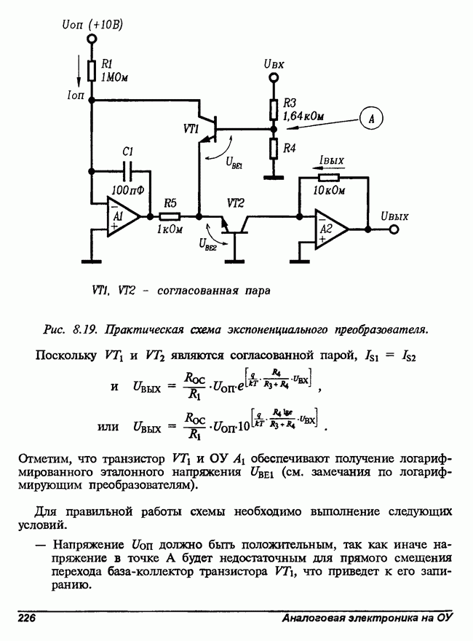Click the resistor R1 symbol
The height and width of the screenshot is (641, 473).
(92, 71)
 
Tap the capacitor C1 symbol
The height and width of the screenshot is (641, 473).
(130, 172)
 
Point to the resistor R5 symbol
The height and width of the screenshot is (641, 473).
(170, 216)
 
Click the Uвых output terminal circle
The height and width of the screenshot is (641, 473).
(394, 229)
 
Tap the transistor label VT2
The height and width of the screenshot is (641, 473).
(236, 201)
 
